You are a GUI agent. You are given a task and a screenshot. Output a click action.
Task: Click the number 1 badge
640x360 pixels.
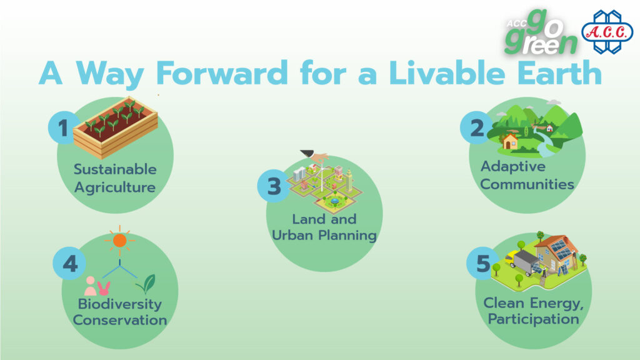click(63, 127)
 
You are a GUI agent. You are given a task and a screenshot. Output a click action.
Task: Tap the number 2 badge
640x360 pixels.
click(476, 127)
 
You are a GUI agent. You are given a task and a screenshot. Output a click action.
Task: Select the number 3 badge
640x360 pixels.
click(274, 186)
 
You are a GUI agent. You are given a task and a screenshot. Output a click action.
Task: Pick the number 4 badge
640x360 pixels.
click(69, 263)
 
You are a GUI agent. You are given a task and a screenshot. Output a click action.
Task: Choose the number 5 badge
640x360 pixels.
click(482, 263)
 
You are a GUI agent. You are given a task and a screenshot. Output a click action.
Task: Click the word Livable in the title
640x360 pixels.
click(447, 73)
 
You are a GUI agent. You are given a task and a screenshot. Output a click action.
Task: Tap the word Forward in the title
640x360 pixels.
click(222, 73)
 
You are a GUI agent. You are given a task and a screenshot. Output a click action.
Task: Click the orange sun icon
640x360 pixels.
click(119, 241)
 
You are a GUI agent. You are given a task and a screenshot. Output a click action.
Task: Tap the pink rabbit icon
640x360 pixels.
click(104, 288)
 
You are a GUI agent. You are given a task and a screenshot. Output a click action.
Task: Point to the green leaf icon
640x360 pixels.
click(146, 284)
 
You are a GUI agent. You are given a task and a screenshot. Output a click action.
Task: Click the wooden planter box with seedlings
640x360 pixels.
click(116, 127)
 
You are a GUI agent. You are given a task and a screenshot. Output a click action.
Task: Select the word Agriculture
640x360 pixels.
click(115, 187)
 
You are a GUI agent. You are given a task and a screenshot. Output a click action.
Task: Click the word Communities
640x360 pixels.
click(527, 184)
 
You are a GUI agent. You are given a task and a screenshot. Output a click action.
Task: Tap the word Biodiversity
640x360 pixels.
click(119, 304)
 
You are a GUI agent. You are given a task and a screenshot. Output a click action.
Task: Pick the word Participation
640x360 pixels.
click(534, 319)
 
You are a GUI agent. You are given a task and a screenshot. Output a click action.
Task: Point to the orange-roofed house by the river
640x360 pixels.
click(510, 142)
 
